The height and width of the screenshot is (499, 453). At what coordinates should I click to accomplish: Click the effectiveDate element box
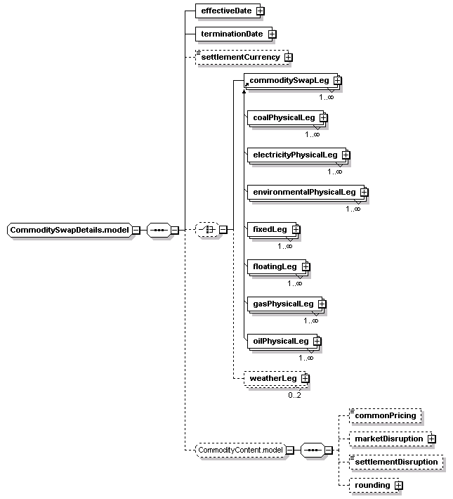[228, 11]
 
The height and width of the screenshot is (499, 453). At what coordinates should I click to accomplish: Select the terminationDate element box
[234, 34]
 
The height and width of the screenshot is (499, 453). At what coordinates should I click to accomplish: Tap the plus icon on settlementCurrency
[288, 58]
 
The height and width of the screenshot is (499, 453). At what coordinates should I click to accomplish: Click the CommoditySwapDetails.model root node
[70, 230]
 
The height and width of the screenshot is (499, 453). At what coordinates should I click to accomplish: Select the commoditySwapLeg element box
[291, 81]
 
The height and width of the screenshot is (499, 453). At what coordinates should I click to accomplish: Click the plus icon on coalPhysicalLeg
[323, 118]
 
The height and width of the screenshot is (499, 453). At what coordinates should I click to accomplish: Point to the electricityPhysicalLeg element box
[296, 155]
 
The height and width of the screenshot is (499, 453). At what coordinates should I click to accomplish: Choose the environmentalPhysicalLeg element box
[306, 192]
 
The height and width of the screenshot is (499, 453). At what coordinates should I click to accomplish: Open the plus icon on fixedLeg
[296, 229]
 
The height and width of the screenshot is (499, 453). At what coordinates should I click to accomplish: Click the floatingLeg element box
[277, 266]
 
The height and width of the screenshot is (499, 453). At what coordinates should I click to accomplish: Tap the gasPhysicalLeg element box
[284, 304]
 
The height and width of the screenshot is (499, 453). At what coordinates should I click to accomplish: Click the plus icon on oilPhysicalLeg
[317, 341]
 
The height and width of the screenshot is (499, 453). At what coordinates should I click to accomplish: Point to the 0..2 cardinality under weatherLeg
[294, 395]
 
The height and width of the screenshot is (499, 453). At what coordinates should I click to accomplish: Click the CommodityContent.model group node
[240, 450]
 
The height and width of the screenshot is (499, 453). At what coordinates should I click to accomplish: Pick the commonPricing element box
[385, 415]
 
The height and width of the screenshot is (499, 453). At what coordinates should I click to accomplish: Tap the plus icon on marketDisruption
[432, 439]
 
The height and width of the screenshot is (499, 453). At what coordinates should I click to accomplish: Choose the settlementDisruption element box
[395, 462]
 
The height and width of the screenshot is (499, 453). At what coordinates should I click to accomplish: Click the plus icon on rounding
[399, 486]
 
